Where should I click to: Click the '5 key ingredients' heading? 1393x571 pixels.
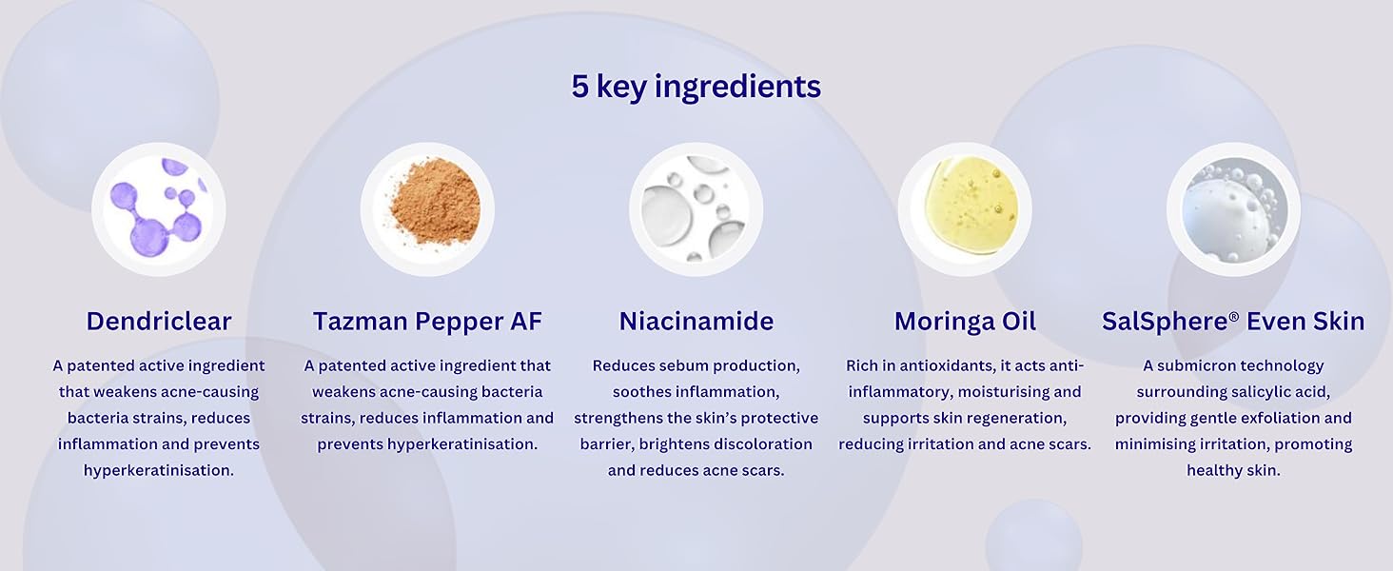pos(696,87)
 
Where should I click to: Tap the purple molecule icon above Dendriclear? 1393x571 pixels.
pos(158,209)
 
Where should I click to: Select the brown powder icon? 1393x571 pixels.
pos(427,209)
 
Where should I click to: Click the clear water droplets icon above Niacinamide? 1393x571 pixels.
pos(696,209)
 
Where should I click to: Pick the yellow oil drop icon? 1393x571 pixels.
pos(965,209)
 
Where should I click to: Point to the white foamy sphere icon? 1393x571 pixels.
pos(1233,209)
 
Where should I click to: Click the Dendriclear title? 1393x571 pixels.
pos(159,322)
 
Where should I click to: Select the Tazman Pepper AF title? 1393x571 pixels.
pos(427,322)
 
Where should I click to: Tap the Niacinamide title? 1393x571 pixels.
pos(696,322)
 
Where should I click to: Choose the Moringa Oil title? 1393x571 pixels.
pos(965,322)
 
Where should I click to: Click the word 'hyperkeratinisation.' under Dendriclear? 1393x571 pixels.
pos(159,470)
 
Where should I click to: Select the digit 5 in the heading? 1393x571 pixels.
pos(580,87)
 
